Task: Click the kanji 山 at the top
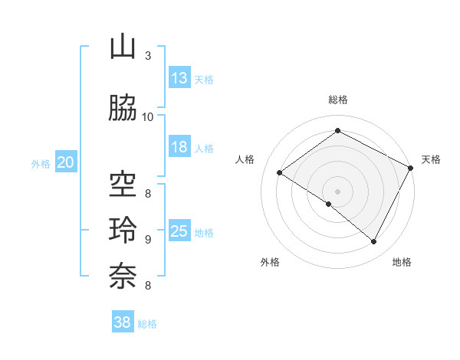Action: click(x=123, y=47)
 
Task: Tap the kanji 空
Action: click(x=123, y=185)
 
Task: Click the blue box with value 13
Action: click(x=179, y=78)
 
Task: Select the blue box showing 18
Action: click(x=179, y=147)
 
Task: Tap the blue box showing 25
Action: click(x=179, y=231)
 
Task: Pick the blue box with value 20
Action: click(x=66, y=162)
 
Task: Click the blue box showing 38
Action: click(x=123, y=322)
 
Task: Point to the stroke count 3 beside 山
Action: click(x=148, y=56)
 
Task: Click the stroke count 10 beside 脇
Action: click(x=148, y=116)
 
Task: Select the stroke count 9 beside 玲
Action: click(x=148, y=239)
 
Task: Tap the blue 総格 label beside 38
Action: click(x=147, y=324)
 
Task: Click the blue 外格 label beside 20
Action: click(x=41, y=163)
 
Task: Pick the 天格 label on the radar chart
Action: click(x=431, y=159)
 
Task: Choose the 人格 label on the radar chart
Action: click(x=245, y=159)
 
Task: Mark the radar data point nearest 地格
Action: click(x=374, y=242)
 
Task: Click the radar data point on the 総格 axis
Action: click(x=337, y=131)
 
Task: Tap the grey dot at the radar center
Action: click(x=337, y=191)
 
